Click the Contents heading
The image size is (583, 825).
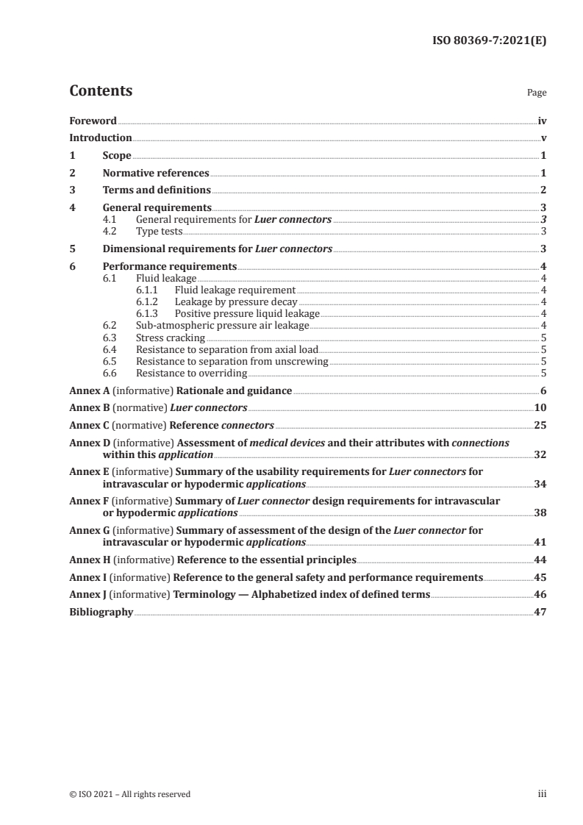tap(101, 91)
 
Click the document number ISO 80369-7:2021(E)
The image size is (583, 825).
tap(488, 42)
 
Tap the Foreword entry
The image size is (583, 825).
tap(93, 121)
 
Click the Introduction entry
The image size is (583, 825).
tap(101, 138)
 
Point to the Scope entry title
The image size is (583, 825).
tap(117, 156)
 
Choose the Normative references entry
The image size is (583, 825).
tap(156, 174)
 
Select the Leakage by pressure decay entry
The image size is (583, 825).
tap(236, 301)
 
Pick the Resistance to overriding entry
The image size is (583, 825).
tap(191, 373)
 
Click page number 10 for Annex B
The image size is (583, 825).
tap(540, 407)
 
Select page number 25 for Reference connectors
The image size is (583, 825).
tap(540, 425)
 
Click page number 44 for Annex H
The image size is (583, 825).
tap(540, 560)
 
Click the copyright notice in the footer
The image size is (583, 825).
tap(129, 794)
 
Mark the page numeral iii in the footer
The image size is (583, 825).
tap(542, 794)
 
